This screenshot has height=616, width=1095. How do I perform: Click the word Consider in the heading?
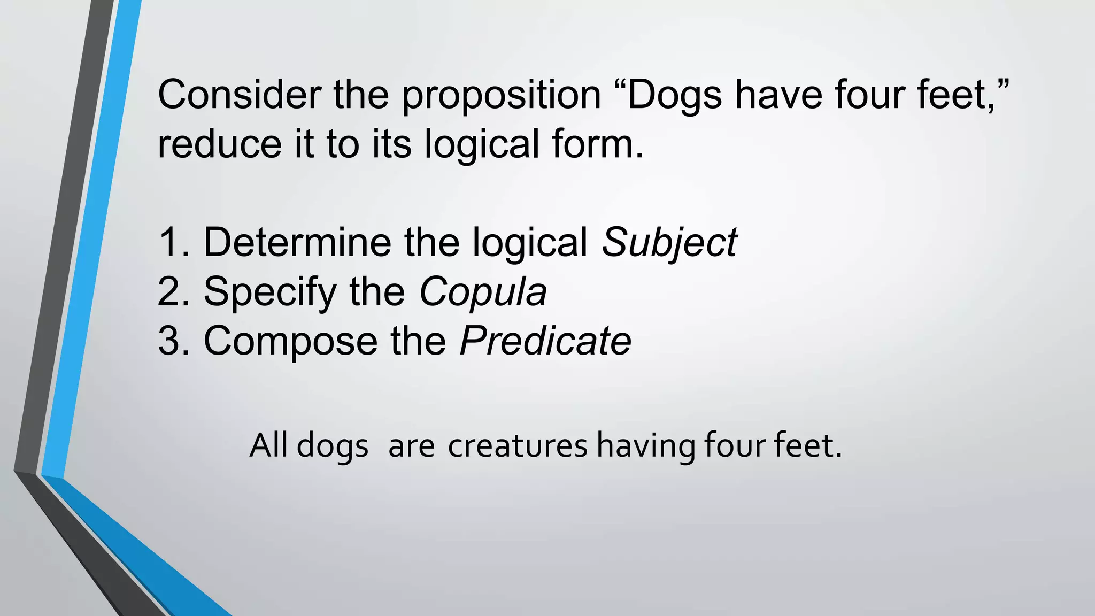tap(239, 95)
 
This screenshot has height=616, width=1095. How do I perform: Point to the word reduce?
tap(219, 144)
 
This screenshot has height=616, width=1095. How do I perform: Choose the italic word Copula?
tap(483, 293)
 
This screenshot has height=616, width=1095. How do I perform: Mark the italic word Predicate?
tap(545, 341)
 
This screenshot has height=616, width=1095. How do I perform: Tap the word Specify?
tap(270, 293)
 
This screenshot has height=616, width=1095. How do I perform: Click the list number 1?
tap(170, 242)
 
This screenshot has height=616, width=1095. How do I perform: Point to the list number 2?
tap(170, 292)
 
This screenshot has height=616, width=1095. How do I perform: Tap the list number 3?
tap(170, 341)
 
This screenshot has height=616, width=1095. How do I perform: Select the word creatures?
tap(518, 446)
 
